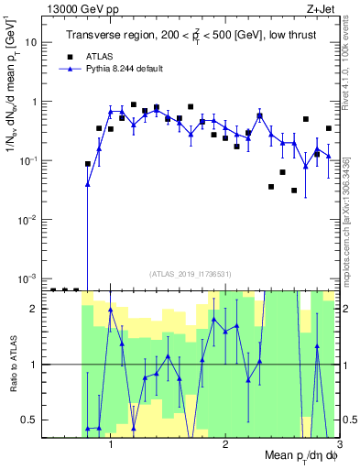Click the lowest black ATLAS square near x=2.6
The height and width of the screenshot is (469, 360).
(294, 191)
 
